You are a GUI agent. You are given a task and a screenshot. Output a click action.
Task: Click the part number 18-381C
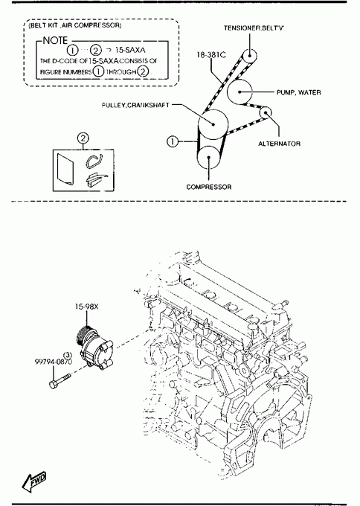212,55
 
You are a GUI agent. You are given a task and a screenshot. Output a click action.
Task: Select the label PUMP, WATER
299,92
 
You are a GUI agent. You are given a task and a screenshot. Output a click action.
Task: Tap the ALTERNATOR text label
280,144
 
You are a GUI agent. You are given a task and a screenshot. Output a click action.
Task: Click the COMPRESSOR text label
209,187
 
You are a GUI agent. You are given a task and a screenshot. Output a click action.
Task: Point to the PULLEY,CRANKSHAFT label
135,105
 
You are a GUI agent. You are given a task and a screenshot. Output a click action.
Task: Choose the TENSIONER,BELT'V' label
254,28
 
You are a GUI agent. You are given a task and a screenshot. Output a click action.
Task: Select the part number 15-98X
86,307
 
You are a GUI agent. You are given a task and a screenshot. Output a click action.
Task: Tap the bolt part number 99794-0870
54,362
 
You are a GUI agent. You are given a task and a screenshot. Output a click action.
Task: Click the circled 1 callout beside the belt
173,141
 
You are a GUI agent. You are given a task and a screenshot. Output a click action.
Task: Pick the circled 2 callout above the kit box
83,138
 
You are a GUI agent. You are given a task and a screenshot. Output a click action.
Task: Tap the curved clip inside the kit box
94,161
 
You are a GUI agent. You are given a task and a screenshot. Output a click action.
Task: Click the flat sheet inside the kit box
65,170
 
